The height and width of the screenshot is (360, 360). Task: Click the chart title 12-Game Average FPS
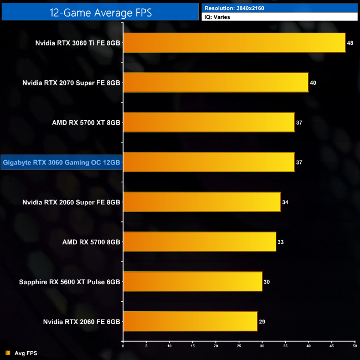coord(100,12)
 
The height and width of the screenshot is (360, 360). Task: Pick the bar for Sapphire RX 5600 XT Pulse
coord(192,282)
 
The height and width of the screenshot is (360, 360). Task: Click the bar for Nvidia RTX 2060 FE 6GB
coord(190,322)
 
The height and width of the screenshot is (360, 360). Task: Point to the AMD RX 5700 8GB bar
coord(199,242)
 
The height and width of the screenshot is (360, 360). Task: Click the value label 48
coord(351,43)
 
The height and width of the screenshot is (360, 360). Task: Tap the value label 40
coord(313,83)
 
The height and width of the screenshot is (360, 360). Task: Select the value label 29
coord(263,322)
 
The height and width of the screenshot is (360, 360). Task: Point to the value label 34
coord(285,202)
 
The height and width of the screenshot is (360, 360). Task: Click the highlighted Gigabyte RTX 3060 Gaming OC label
coord(61,162)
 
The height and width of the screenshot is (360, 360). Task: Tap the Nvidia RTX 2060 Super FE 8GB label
coord(71,202)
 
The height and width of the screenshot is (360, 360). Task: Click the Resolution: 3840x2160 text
coord(232,8)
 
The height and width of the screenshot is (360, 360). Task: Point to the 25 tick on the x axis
coord(239,346)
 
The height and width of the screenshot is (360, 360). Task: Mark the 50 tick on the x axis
coord(354,346)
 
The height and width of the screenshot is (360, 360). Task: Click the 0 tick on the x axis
coord(123,346)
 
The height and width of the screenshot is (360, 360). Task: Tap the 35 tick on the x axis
coord(285,346)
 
